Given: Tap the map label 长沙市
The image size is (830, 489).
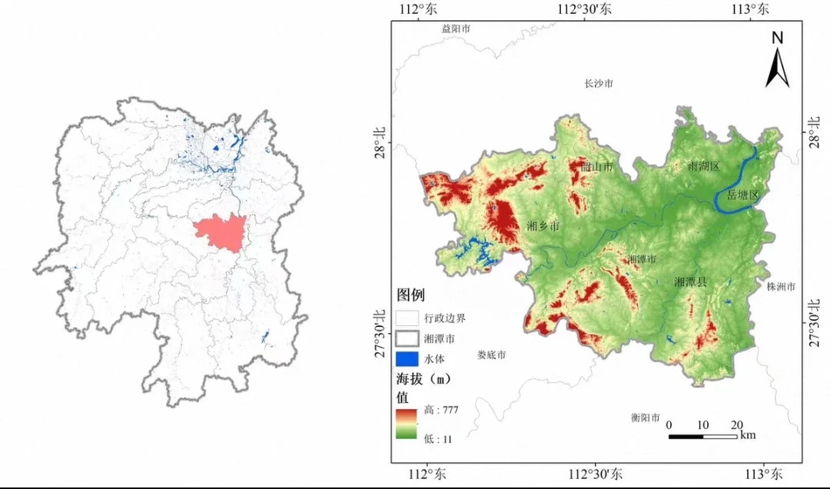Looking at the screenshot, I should [x=599, y=83].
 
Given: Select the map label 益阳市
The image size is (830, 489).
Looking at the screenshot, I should [x=456, y=28].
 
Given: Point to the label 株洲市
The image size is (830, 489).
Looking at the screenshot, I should [x=781, y=287].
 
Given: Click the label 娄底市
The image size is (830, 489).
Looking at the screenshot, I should [x=491, y=355].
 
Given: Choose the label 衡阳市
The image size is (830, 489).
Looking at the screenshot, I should [x=646, y=418].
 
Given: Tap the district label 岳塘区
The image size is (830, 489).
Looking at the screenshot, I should [x=742, y=195].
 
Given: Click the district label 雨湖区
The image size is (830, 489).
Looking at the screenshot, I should [x=703, y=166].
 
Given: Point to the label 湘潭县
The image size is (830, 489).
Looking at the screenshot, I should [x=690, y=282].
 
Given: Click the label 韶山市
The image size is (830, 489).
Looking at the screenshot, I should [x=597, y=167].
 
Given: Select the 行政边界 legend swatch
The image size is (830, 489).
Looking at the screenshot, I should [x=407, y=318].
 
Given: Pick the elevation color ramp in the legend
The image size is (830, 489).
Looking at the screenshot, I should [x=407, y=424].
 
